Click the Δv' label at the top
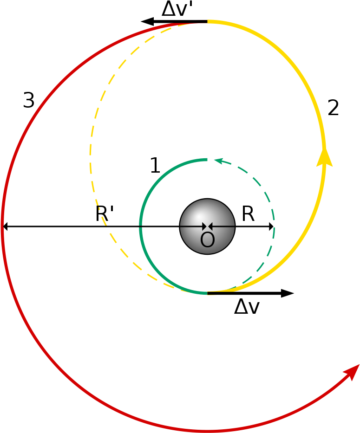(177, 9)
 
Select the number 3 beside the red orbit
(29, 100)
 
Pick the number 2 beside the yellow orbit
(333, 108)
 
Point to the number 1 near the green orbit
(155, 165)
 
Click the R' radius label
(104, 214)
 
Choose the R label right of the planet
(248, 214)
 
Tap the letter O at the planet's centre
(207, 239)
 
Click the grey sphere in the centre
(207, 226)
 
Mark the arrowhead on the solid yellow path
(324, 158)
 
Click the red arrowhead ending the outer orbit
(352, 372)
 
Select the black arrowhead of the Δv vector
(287, 293)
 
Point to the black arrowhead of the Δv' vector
(147, 21)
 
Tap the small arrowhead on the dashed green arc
(218, 161)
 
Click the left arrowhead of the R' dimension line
(5, 226)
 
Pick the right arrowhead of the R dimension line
(271, 226)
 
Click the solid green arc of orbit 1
(140, 226)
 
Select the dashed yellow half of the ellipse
(91, 155)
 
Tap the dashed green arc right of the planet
(274, 226)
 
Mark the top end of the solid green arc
(207, 160)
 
